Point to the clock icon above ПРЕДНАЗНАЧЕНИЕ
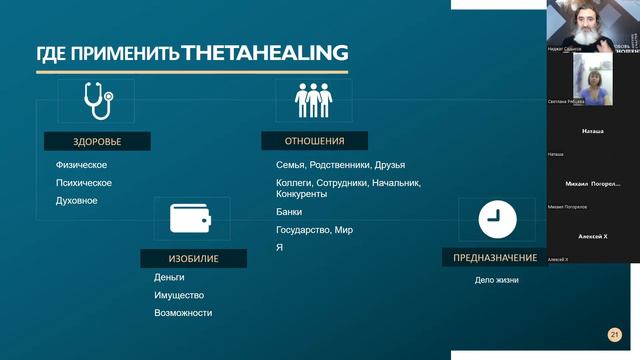pyautogui.click(x=490, y=218)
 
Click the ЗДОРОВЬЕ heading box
pyautogui.click(x=97, y=141)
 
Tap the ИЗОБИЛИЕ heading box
pyautogui.click(x=194, y=258)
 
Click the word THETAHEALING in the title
pyautogui.click(x=265, y=52)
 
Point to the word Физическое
pyautogui.click(x=81, y=165)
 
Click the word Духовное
pyautogui.click(x=76, y=201)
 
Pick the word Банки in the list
pyautogui.click(x=288, y=212)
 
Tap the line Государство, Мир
pyautogui.click(x=314, y=230)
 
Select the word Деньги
pyautogui.click(x=169, y=277)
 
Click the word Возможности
pyautogui.click(x=183, y=313)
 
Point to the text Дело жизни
pyautogui.click(x=496, y=280)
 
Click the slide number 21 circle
pyautogui.click(x=615, y=335)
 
